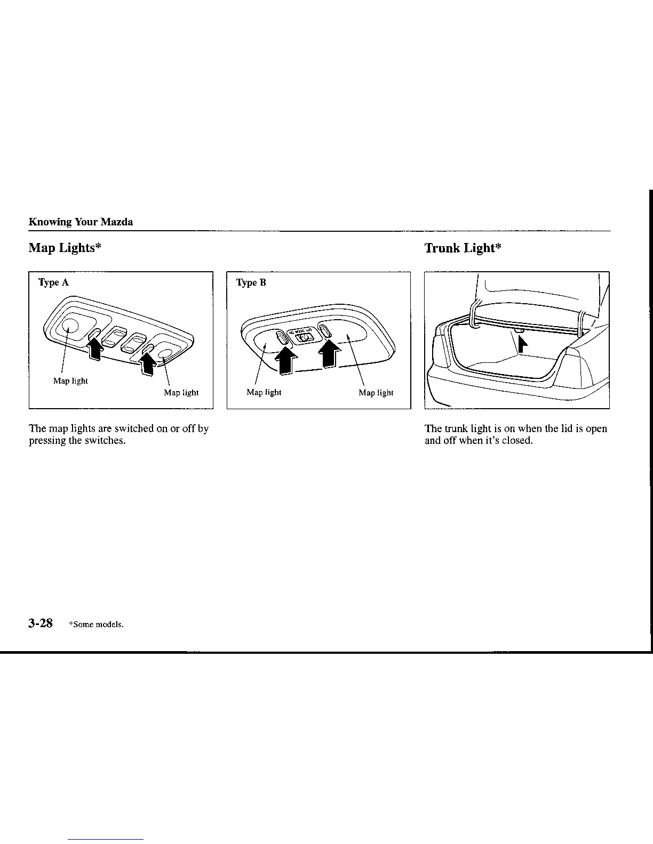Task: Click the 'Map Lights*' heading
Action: (65, 248)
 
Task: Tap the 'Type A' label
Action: (53, 282)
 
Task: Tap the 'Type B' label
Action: (251, 282)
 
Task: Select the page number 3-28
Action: (41, 623)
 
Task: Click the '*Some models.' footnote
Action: (96, 624)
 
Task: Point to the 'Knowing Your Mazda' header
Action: (81, 222)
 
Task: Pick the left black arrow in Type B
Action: (286, 361)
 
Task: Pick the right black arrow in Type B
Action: (329, 354)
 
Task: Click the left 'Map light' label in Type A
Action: (70, 381)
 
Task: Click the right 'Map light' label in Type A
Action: (181, 393)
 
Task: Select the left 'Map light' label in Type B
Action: (264, 393)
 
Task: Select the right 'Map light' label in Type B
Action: (376, 393)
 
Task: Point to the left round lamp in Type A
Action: (69, 326)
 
